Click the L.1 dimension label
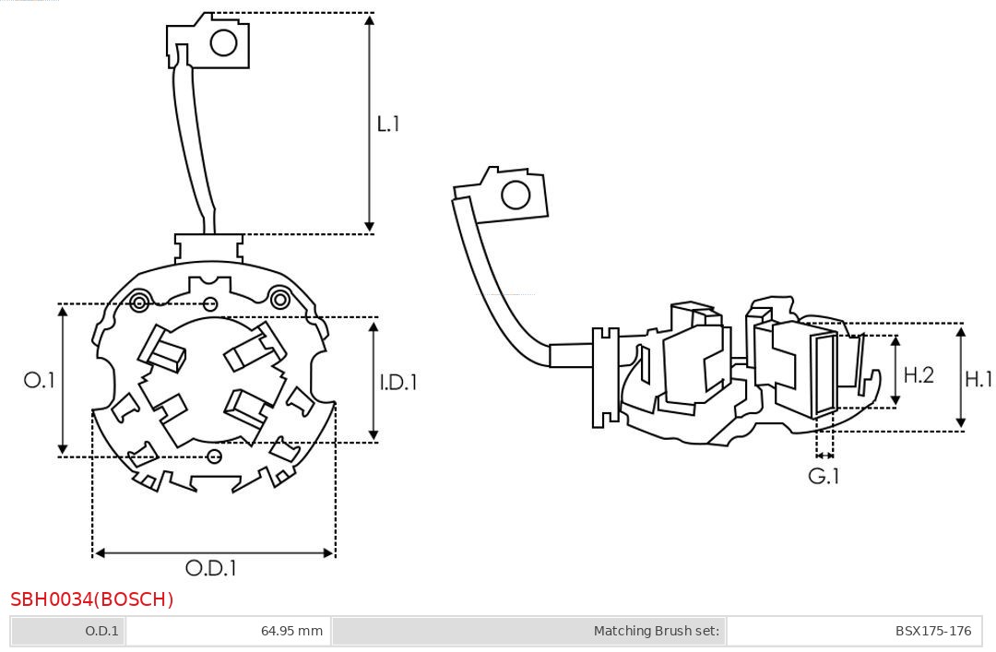388,124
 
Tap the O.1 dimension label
40,380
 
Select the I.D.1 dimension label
398,381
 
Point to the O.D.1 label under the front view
211,568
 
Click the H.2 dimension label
919,374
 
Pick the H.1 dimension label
978,378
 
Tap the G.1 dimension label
824,476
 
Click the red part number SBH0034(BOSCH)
92,599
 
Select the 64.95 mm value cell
291,631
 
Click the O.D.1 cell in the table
101,631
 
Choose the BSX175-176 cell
932,631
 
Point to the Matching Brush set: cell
656,631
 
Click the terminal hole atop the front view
223,42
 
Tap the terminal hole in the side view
515,196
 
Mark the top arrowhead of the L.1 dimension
370,19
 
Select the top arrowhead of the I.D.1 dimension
373,324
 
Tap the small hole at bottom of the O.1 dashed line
215,456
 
